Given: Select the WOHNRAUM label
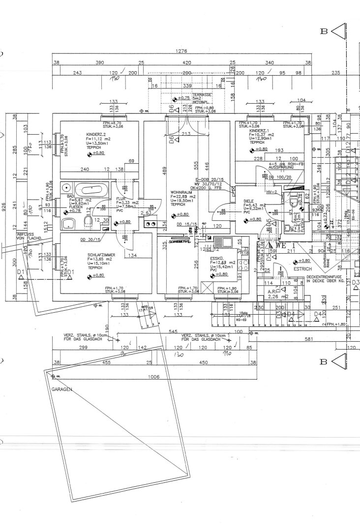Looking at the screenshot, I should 180,192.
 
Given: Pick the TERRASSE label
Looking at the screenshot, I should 202,93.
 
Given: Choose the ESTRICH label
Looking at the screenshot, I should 303,269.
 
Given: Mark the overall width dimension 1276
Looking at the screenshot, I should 181,52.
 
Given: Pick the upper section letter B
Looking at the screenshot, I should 324,31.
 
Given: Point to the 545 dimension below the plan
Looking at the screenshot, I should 172,332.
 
